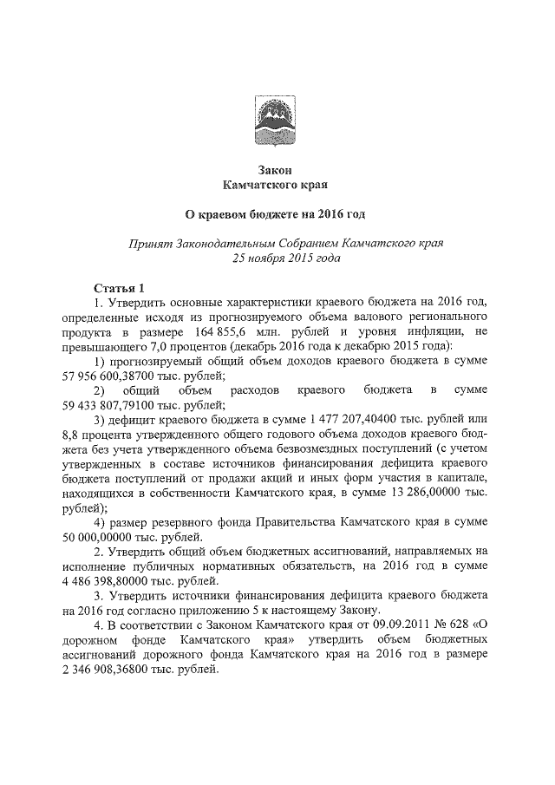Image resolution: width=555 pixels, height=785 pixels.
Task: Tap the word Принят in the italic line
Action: click(148, 244)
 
